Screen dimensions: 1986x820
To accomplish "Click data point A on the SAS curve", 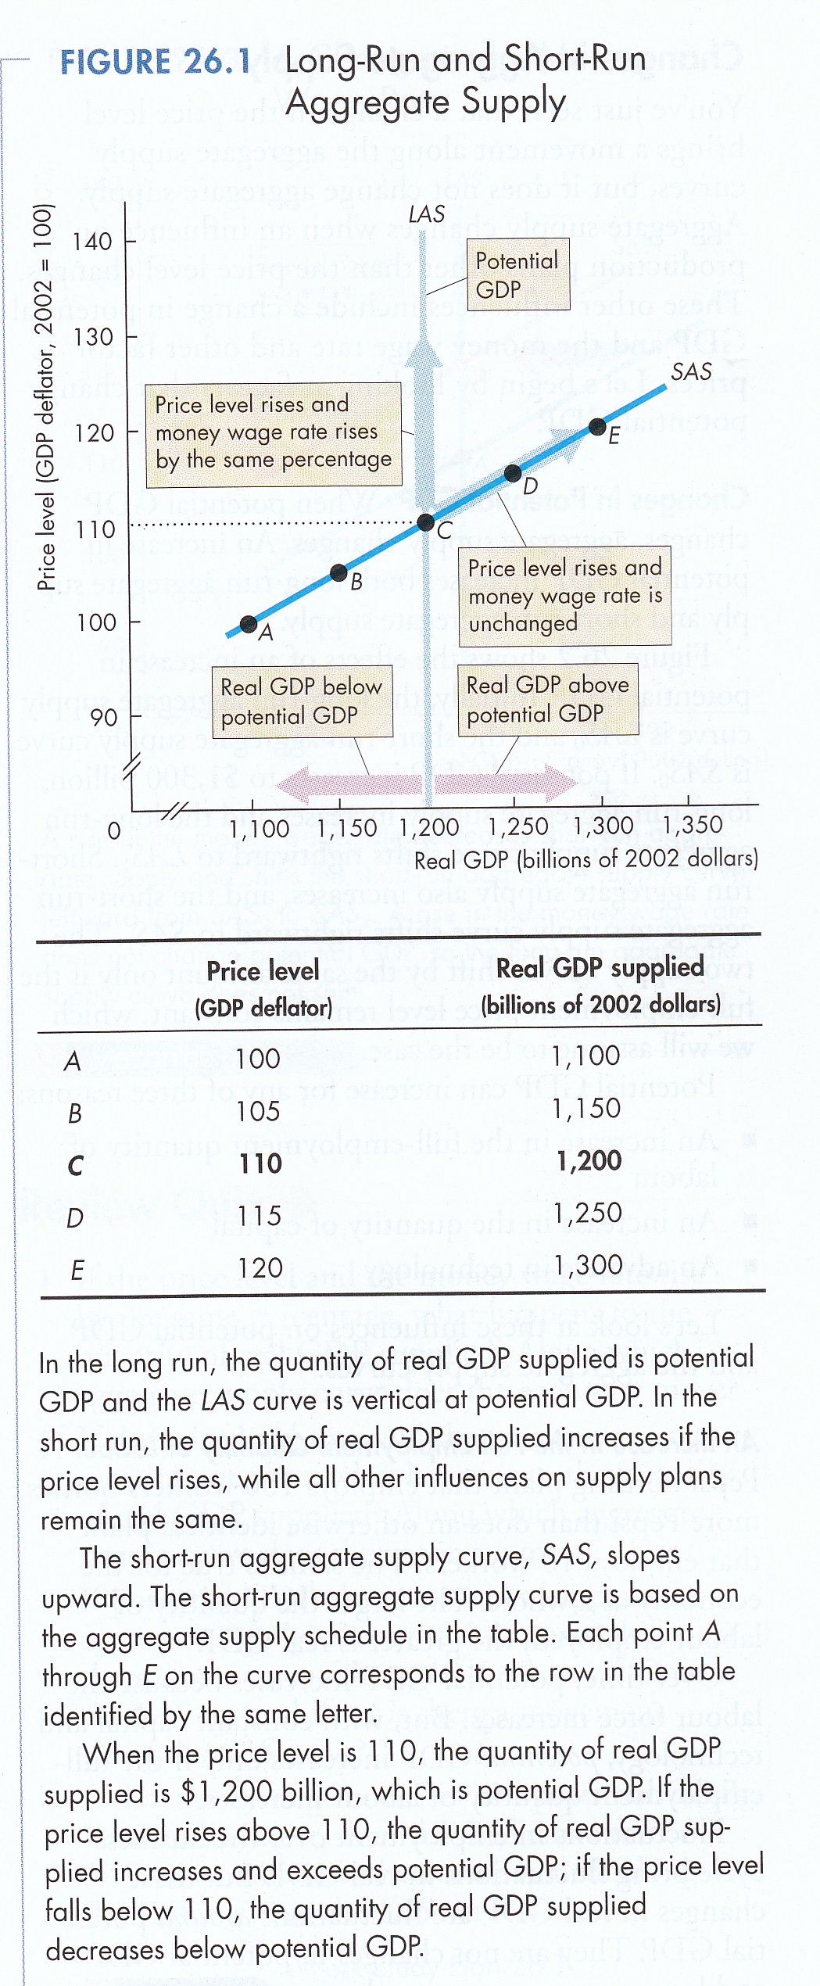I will pyautogui.click(x=249, y=623).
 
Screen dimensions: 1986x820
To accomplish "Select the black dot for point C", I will pyautogui.click(x=425, y=522).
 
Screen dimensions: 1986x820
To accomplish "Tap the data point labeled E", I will pyautogui.click(x=597, y=426).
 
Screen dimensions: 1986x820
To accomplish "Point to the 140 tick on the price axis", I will pyautogui.click(x=93, y=241).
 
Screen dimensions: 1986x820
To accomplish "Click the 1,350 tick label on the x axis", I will pyautogui.click(x=692, y=826).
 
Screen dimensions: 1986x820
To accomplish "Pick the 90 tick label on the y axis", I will pyautogui.click(x=104, y=717).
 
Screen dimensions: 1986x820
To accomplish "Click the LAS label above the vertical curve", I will pyautogui.click(x=427, y=213).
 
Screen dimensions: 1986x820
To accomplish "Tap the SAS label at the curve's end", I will pyautogui.click(x=691, y=371).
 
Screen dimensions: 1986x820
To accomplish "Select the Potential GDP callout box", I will pyautogui.click(x=517, y=274).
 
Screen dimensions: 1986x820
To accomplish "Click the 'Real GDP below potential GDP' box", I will pyautogui.click(x=302, y=701).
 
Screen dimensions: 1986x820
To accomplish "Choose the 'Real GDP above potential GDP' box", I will pyautogui.click(x=547, y=699).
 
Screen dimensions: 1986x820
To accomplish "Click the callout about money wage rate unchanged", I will pyautogui.click(x=564, y=595).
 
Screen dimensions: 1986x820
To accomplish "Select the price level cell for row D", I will pyautogui.click(x=259, y=1215).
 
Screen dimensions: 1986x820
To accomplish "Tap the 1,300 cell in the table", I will pyautogui.click(x=587, y=1264).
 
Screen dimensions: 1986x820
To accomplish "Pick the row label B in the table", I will pyautogui.click(x=75, y=1113).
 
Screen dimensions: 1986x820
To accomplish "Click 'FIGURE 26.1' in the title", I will pyautogui.click(x=156, y=62).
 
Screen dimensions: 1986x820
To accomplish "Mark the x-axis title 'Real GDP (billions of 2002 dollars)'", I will pyautogui.click(x=586, y=859).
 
